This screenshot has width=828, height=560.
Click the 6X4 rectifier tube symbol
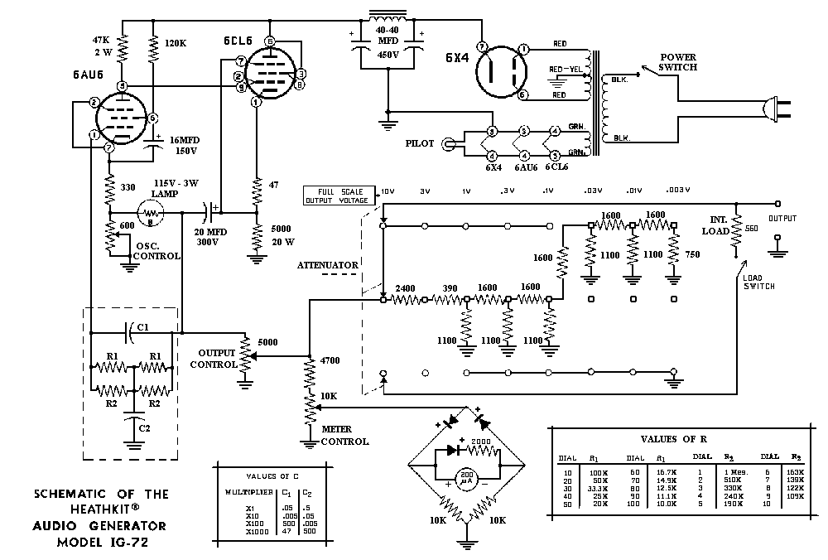tap(501, 71)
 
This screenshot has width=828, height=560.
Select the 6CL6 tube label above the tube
tap(237, 41)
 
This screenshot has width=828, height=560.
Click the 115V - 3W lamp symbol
tap(152, 213)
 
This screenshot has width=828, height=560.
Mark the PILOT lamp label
tap(419, 143)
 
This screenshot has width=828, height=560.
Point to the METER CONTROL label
tap(344, 436)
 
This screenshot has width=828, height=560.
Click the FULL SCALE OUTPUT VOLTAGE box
tap(340, 196)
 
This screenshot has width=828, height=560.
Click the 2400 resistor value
tap(406, 289)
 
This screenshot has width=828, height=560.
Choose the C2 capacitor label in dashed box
tap(144, 427)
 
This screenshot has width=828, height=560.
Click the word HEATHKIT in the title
tap(100, 509)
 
